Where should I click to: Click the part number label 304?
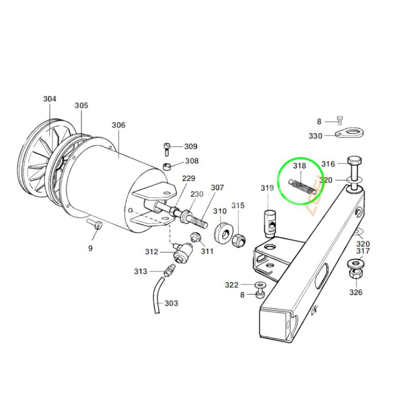coord(50,99)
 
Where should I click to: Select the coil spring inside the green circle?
coord(303,187)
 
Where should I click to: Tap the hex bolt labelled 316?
coord(355,175)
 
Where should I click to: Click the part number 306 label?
coord(118,125)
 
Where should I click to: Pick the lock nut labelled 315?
coord(238,240)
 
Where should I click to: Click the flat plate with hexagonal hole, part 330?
coord(349,133)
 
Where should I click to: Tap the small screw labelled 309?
coord(166,149)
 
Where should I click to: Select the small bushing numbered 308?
coord(167,167)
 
